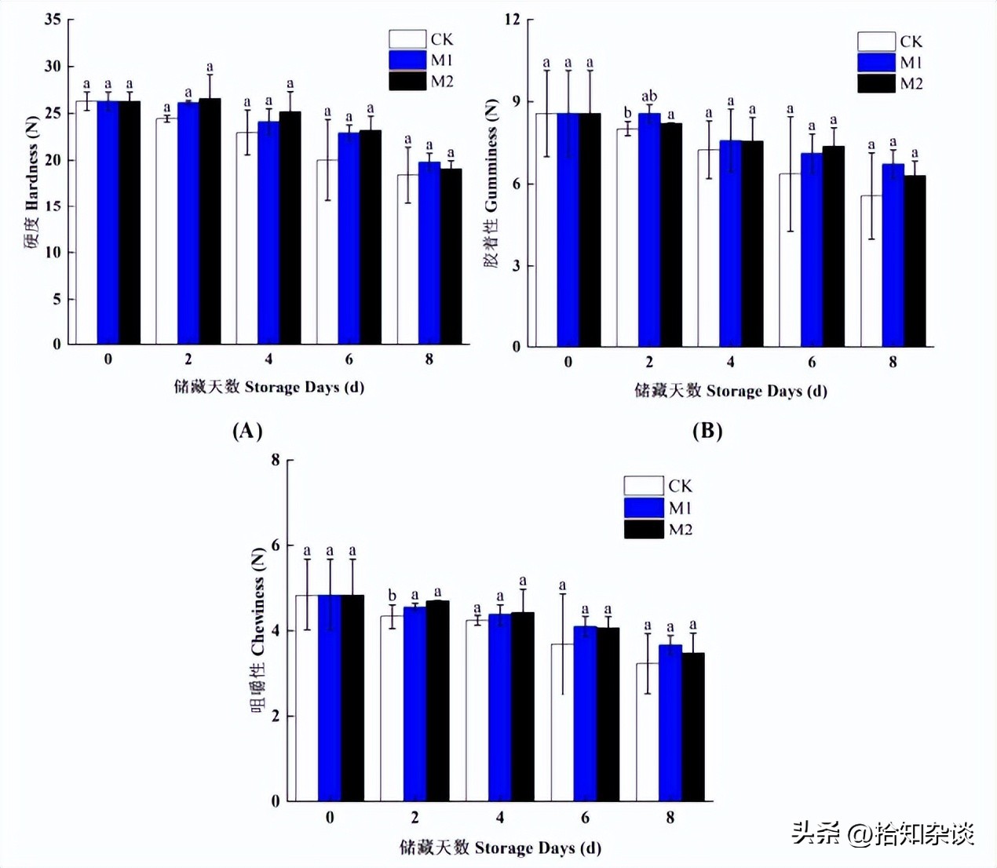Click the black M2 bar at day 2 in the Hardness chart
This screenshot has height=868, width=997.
[210, 221]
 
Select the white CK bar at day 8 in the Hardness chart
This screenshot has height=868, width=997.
[407, 259]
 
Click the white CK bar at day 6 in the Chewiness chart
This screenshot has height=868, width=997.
[562, 722]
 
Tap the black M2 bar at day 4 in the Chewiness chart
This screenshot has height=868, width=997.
[523, 706]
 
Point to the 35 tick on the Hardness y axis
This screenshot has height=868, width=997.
[53, 20]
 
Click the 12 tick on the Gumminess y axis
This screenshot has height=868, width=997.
[512, 20]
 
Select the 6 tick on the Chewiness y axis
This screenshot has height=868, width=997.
[276, 545]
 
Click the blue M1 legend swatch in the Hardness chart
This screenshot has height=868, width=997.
[407, 60]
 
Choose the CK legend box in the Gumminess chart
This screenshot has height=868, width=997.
[876, 41]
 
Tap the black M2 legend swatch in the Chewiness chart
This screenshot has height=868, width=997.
[644, 530]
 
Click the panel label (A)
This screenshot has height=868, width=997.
[247, 430]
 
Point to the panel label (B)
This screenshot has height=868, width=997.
[707, 430]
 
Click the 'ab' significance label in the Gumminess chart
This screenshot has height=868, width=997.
[649, 97]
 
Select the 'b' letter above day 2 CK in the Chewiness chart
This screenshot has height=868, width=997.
[392, 596]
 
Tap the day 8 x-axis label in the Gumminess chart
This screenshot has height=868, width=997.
[893, 362]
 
